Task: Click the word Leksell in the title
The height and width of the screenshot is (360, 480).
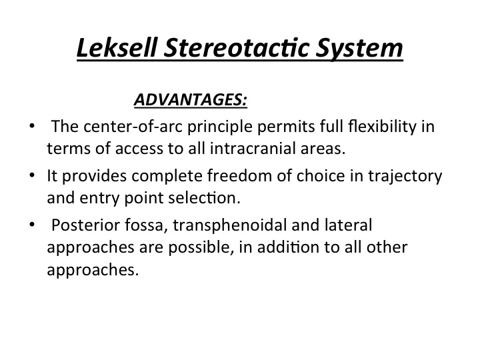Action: (x=117, y=47)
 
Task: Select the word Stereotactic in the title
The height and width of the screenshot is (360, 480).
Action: (x=236, y=47)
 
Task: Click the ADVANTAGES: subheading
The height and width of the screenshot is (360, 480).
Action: (x=191, y=99)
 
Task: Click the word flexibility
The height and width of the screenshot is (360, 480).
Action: (x=383, y=127)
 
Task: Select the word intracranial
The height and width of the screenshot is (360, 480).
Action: (x=253, y=149)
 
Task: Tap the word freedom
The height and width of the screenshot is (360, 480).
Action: (x=239, y=176)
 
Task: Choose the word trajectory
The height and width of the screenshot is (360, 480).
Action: (x=405, y=177)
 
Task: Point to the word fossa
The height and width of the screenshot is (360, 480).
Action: (x=146, y=225)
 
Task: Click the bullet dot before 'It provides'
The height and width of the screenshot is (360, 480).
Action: (x=32, y=175)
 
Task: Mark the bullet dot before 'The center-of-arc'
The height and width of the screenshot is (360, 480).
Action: (x=32, y=126)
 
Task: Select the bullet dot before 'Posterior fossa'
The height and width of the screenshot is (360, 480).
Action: (x=32, y=225)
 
